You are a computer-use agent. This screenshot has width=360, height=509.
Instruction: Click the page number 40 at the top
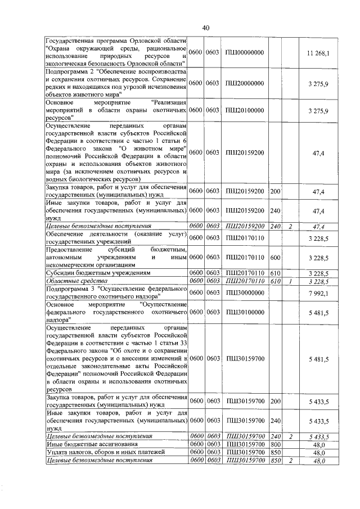pos(205,28)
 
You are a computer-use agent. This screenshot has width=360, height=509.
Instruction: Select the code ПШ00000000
pos(244,53)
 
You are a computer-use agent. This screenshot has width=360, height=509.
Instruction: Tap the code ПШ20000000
pos(244,83)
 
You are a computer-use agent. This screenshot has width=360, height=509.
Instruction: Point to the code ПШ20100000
pos(244,111)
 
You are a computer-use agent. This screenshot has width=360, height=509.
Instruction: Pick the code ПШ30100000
pos(244,312)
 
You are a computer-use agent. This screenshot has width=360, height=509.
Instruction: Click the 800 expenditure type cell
pos(276,444)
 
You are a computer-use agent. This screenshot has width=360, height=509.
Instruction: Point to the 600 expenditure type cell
pos(276,258)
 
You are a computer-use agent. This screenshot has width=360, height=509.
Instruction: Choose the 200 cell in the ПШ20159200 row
pos(276,192)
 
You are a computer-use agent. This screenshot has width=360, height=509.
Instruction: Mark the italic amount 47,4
pos(318,226)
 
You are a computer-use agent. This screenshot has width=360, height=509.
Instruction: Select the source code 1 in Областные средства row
pos(290,281)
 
